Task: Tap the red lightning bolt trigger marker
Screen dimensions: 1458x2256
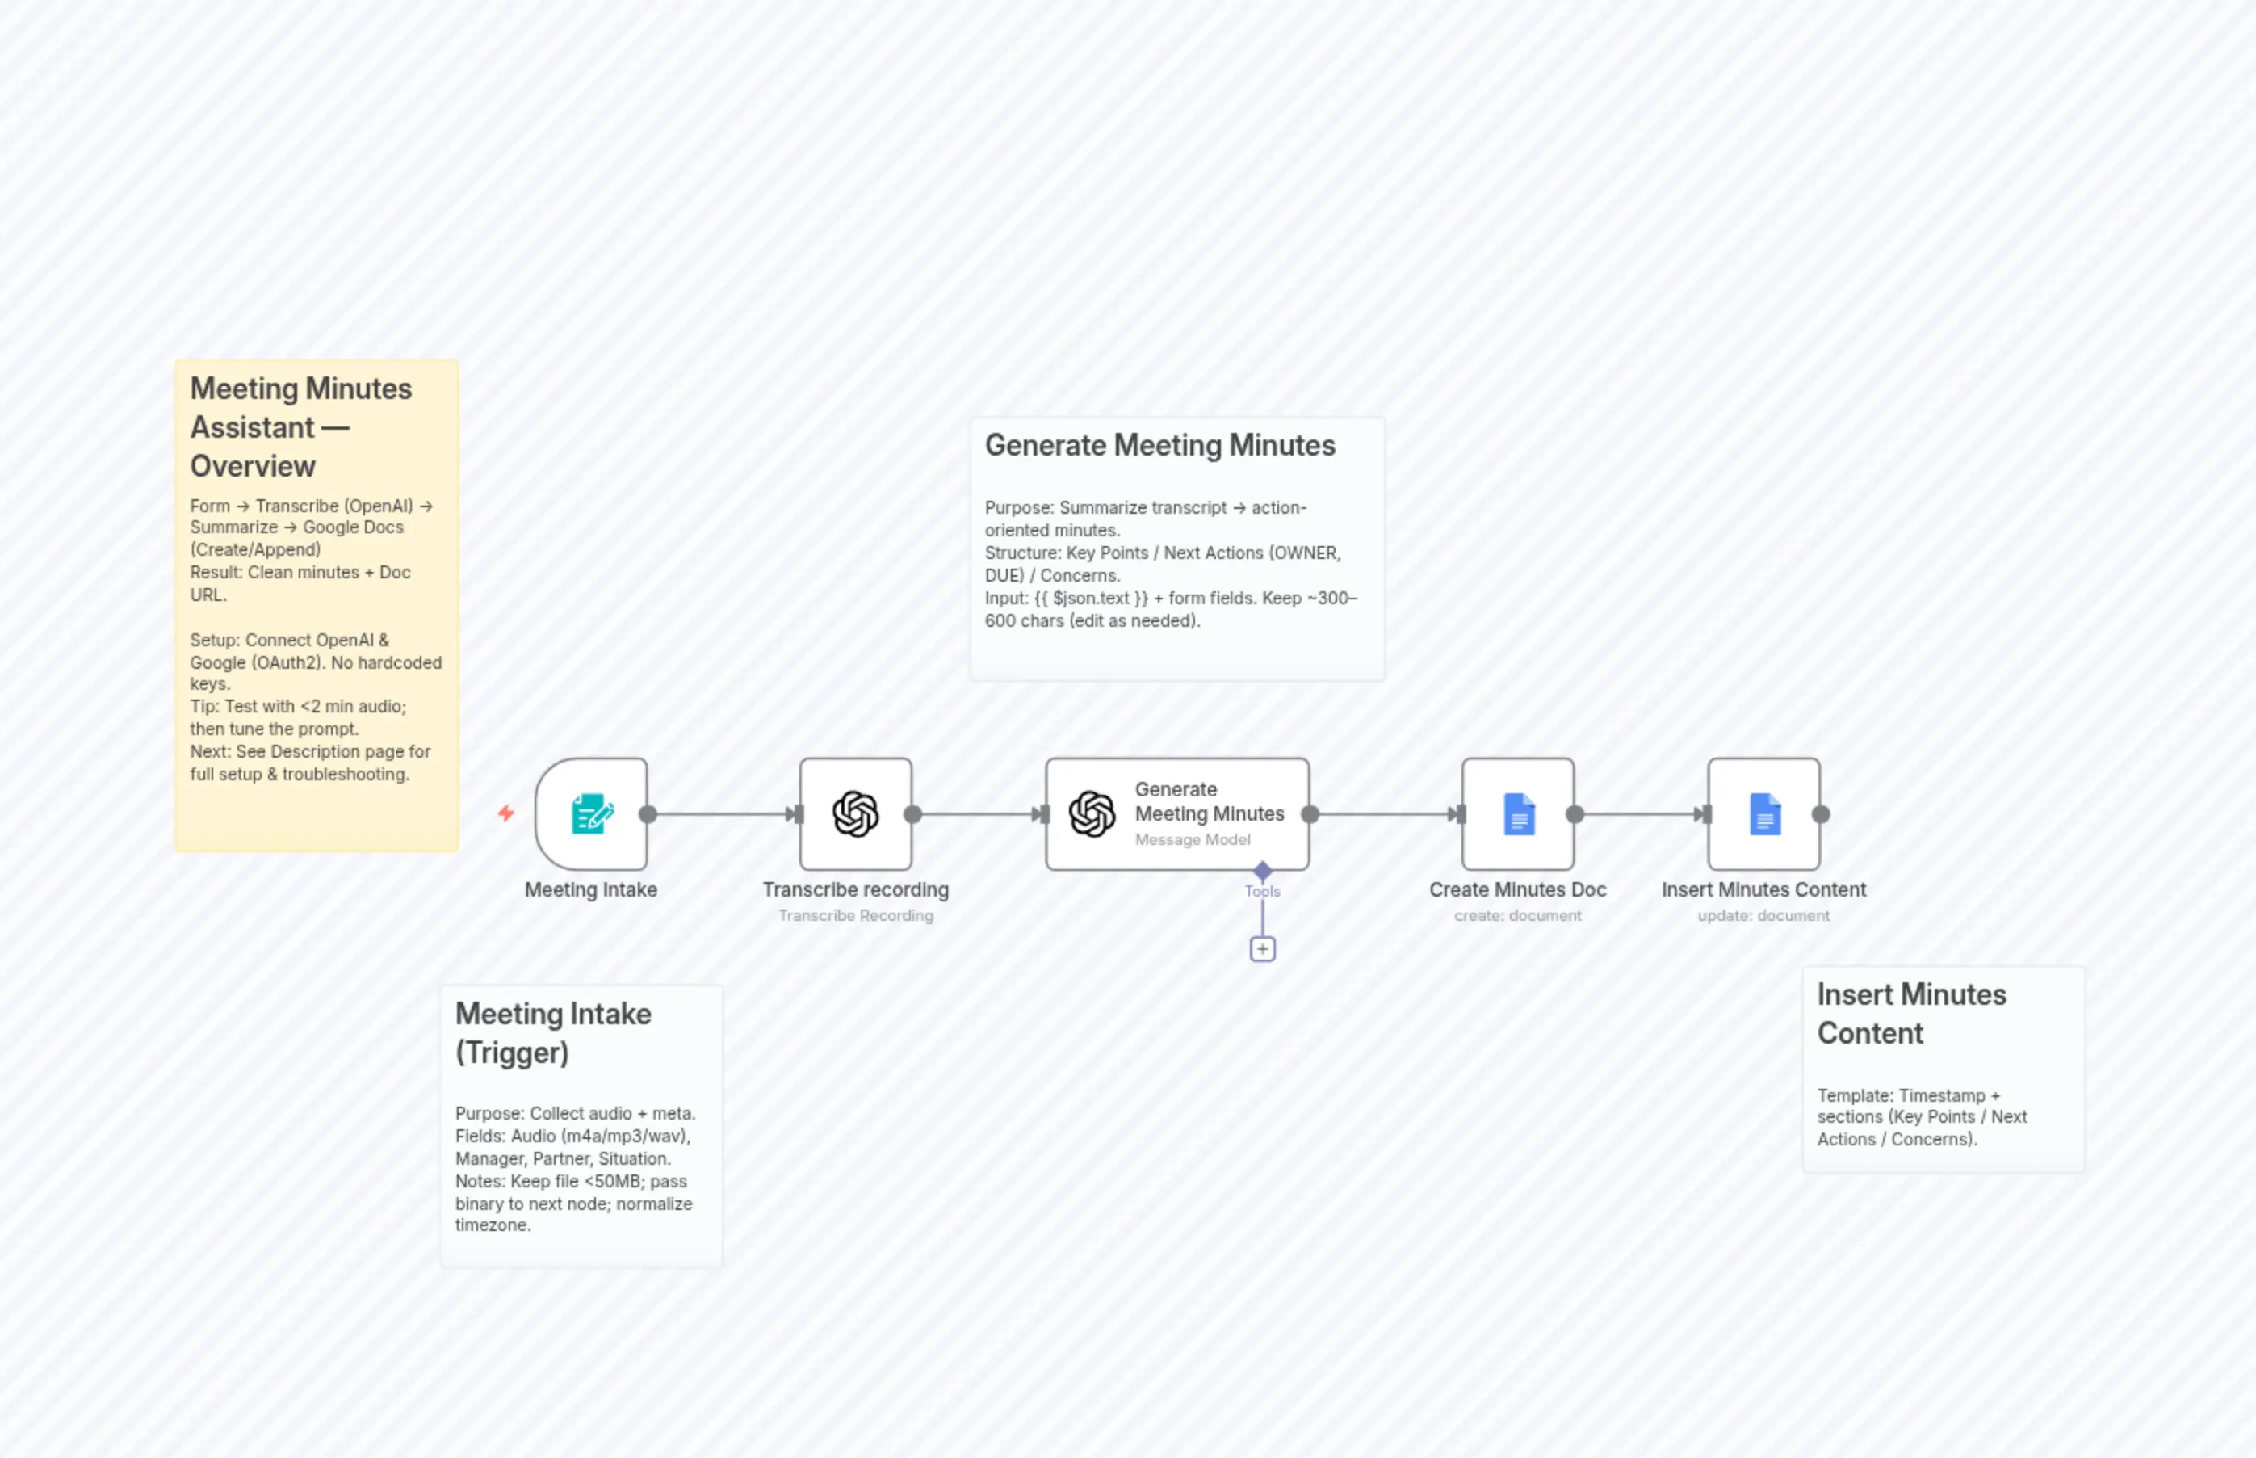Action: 506,813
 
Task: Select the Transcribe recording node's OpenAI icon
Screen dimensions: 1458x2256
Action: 855,814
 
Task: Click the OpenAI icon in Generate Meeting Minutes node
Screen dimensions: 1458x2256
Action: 1092,814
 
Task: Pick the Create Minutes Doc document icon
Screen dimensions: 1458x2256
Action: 1519,814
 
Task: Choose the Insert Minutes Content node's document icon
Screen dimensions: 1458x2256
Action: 1765,814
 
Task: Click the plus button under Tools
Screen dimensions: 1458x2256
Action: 1262,950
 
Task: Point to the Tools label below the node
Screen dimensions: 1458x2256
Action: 1262,892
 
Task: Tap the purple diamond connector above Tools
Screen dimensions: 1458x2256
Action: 1262,870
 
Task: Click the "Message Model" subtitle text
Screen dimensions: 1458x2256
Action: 1193,841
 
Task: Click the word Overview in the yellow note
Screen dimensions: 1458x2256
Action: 253,467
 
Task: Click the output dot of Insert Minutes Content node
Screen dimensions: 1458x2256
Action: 1821,814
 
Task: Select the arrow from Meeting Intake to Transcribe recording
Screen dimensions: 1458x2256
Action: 724,814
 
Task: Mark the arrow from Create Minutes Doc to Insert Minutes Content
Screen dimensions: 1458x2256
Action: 1642,814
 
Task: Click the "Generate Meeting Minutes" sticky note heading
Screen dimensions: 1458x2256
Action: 1160,446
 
